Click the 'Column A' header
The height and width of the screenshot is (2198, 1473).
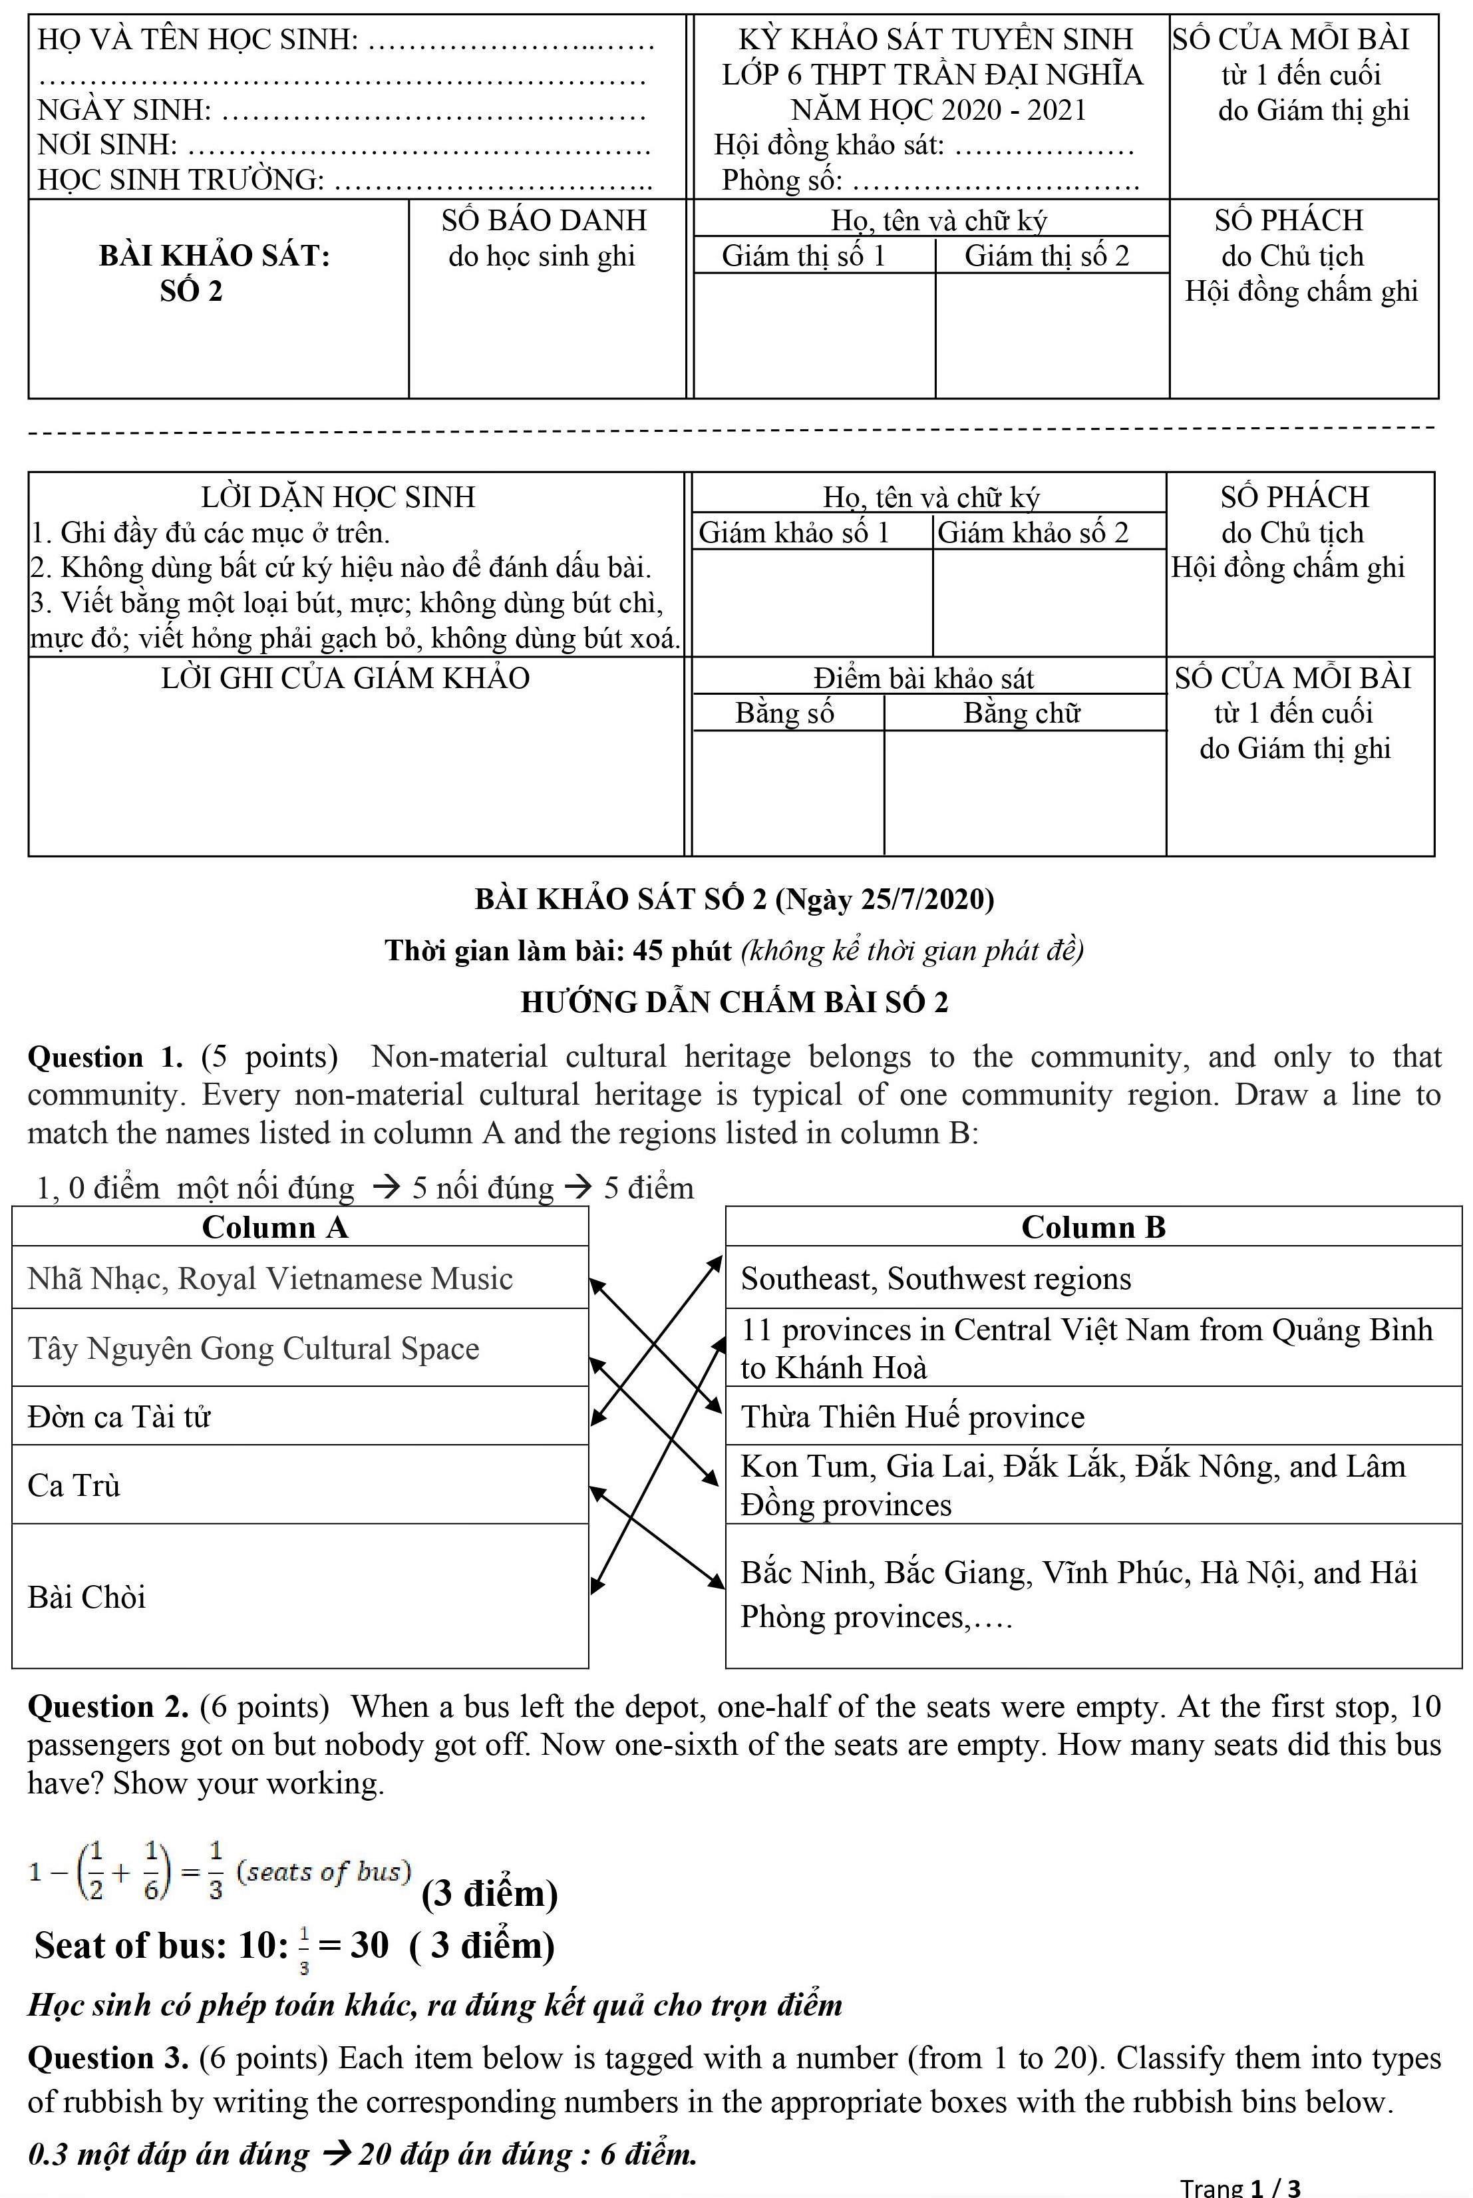point(274,1227)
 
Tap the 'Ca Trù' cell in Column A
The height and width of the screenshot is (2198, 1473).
point(75,1485)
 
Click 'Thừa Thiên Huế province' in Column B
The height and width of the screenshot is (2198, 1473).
point(912,1416)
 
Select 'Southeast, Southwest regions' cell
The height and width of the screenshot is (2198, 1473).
point(935,1279)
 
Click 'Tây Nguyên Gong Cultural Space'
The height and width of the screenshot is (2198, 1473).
point(253,1348)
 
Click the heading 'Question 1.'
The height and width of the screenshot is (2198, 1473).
point(105,1057)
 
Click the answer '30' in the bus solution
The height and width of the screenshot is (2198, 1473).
point(369,1945)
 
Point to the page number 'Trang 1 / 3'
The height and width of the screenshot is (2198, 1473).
point(1240,2187)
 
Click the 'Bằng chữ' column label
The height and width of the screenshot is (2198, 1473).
point(1021,713)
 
